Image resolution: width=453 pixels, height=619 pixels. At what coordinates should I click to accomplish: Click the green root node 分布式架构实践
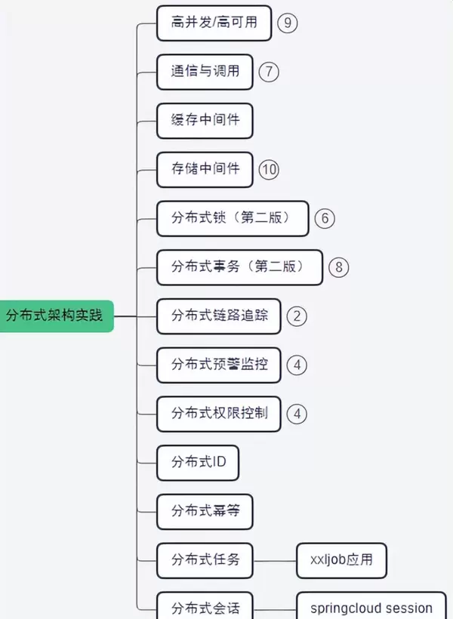click(54, 315)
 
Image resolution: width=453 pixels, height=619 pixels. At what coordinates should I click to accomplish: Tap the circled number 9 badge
click(287, 23)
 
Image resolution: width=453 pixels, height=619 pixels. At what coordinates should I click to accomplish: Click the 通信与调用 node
click(204, 72)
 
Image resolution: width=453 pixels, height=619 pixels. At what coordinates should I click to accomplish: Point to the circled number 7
click(268, 72)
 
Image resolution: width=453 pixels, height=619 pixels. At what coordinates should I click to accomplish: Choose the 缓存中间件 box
click(204, 120)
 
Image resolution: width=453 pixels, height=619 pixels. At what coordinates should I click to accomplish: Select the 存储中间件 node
click(204, 169)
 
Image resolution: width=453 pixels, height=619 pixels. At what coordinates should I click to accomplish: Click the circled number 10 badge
click(268, 169)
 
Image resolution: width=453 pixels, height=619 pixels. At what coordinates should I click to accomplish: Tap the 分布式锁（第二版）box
click(233, 218)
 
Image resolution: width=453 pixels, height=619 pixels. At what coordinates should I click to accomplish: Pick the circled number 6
click(325, 218)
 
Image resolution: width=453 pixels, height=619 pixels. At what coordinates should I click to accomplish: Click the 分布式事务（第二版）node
click(239, 266)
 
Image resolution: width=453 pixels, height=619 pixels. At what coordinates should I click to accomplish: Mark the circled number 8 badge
click(339, 266)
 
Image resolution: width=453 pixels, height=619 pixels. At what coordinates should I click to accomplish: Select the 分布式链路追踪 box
click(218, 316)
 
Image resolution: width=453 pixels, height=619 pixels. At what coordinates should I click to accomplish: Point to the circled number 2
click(297, 316)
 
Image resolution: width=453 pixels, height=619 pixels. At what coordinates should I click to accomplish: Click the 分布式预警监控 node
click(218, 365)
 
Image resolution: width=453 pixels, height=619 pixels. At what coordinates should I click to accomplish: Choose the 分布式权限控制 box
click(218, 413)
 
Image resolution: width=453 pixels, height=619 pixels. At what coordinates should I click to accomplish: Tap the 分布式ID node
click(198, 462)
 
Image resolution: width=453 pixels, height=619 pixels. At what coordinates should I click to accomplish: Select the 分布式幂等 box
click(204, 511)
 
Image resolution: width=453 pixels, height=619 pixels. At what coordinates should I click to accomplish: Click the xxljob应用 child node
click(341, 560)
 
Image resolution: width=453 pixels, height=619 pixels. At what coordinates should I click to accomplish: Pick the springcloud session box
click(371, 608)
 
